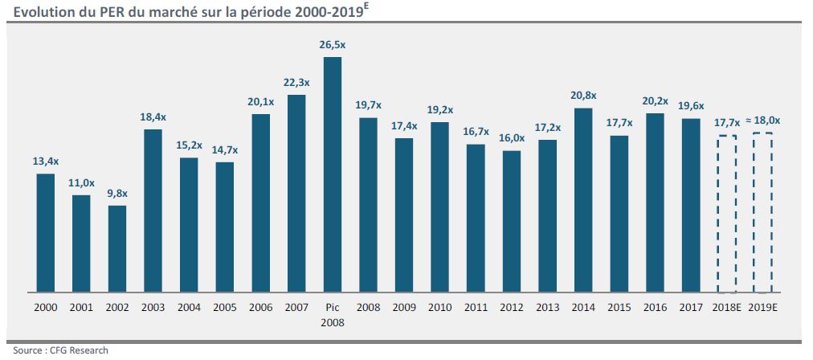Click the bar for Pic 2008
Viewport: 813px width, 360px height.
[x=332, y=174]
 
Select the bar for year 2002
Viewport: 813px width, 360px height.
[x=117, y=248]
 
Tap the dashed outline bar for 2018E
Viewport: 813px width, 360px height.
[x=727, y=214]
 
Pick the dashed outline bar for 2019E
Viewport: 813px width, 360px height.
[x=762, y=212]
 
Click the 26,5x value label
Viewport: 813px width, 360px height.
[x=332, y=45]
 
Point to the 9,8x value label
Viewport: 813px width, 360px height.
[x=117, y=194]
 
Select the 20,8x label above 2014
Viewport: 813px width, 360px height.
[x=583, y=96]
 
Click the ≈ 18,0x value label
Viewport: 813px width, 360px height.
[x=762, y=121]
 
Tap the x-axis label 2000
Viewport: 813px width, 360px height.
[x=46, y=307]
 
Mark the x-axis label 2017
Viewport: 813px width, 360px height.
[x=691, y=307]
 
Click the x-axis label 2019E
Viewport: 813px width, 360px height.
[x=762, y=307]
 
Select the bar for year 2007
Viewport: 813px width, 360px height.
[x=296, y=193]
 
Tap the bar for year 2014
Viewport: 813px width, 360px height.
[x=583, y=199]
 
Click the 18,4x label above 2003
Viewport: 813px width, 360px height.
[x=153, y=117]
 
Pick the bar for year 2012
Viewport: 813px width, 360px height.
[x=512, y=221]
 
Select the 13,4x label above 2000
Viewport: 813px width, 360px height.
[x=46, y=162]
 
